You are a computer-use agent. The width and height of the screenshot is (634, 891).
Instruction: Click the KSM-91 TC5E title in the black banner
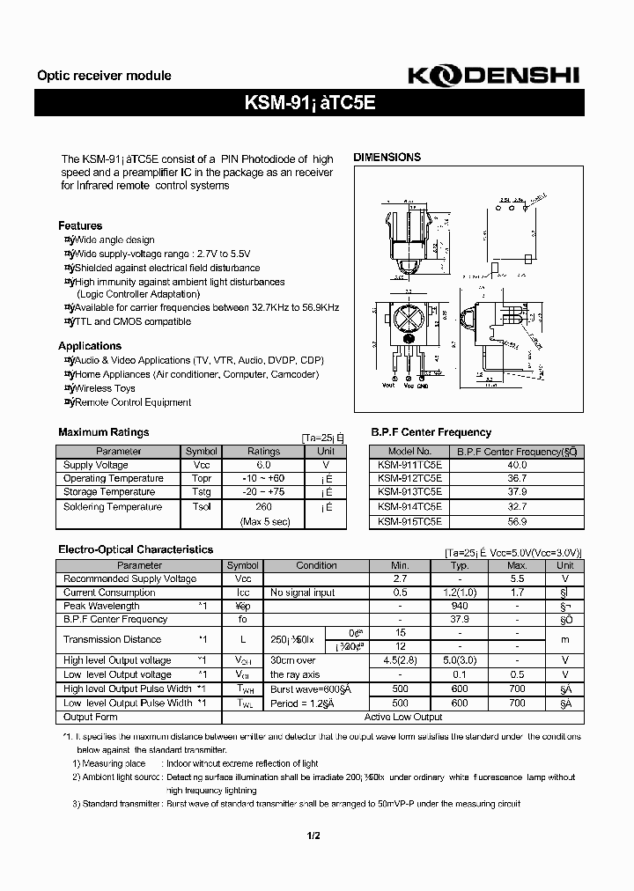pyautogui.click(x=309, y=102)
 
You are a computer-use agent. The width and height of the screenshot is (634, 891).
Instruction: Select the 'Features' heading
pyautogui.click(x=80, y=226)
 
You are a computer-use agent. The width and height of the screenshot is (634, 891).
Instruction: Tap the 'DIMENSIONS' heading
pyautogui.click(x=387, y=158)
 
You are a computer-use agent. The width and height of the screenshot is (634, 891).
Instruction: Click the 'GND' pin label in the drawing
pyautogui.click(x=422, y=385)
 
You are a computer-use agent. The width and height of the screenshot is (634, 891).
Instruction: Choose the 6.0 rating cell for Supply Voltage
pyautogui.click(x=263, y=465)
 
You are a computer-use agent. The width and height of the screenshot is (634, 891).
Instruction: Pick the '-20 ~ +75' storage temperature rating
pyautogui.click(x=263, y=492)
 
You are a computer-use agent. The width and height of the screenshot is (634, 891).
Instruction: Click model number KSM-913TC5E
pyautogui.click(x=409, y=492)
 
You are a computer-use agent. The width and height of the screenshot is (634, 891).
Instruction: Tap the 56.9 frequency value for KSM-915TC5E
pyautogui.click(x=517, y=520)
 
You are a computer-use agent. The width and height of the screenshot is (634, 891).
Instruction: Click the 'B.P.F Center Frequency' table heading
pyautogui.click(x=431, y=432)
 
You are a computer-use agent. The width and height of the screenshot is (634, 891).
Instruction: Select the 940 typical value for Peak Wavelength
pyautogui.click(x=459, y=607)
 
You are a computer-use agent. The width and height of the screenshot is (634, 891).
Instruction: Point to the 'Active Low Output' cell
pyautogui.click(x=403, y=717)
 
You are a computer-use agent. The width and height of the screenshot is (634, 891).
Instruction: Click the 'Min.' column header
pyautogui.click(x=400, y=566)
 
